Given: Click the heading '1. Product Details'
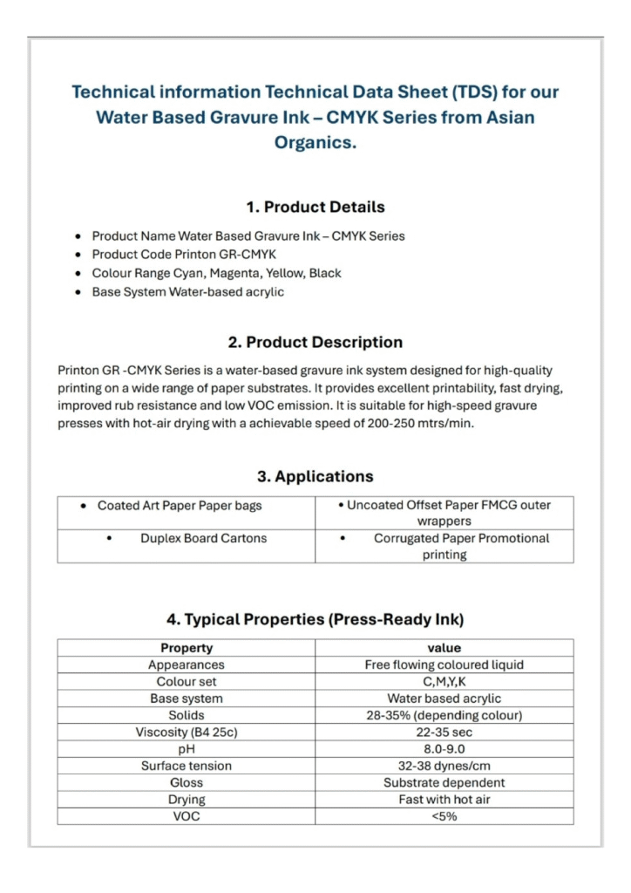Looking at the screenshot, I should pos(315,208).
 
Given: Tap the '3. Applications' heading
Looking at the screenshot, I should pos(315,477).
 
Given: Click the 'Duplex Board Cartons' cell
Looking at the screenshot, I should pos(203,538).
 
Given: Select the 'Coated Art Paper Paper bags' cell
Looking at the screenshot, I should pos(180,506).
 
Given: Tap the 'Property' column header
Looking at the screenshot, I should pos(187,648).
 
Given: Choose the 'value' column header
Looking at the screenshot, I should pos(444,648).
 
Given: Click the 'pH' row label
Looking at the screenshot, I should pos(187,749).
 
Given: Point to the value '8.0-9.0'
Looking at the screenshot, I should pos(444,749).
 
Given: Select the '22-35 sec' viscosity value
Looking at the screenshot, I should pos(444,733).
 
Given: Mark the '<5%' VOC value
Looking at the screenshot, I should pos(444,816).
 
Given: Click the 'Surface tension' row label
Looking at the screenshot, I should pos(187,766).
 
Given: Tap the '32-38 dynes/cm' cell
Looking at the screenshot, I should pos(444,766).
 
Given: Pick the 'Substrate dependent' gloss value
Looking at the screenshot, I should pos(444,783).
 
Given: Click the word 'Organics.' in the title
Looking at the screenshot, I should pos(315,143).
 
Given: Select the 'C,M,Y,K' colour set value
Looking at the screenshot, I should pos(444,682).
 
